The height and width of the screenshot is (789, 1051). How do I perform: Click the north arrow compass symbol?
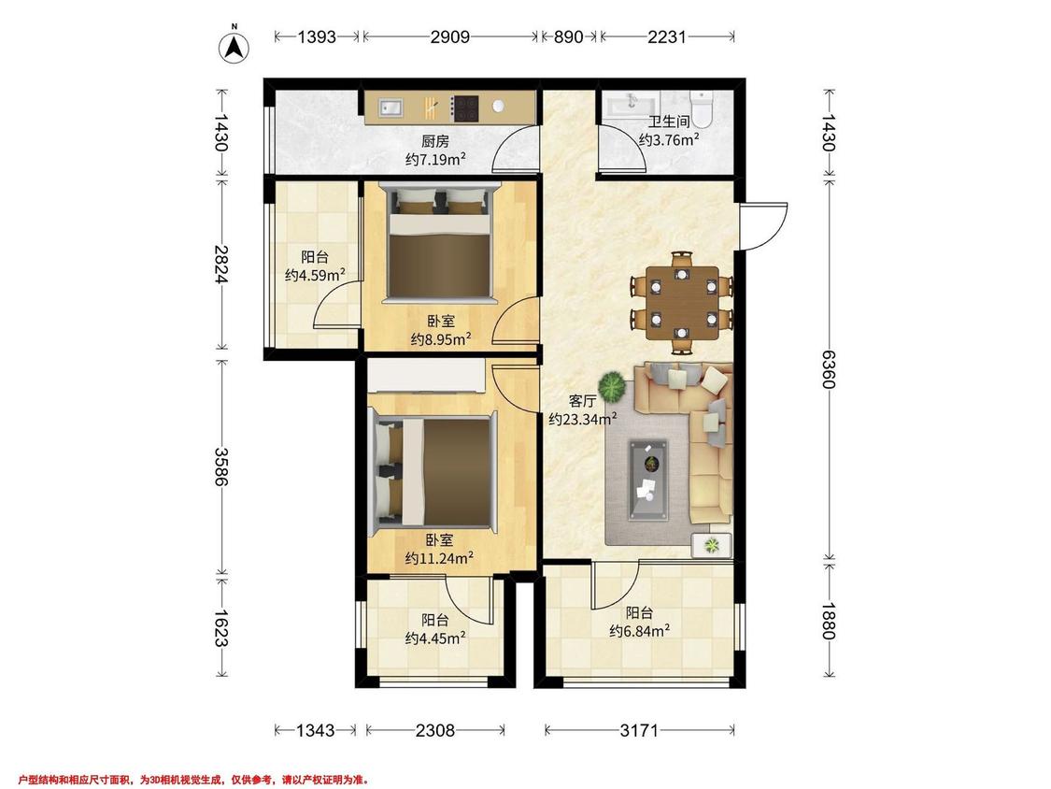(234, 47)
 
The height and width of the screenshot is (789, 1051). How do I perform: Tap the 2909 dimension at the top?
(449, 36)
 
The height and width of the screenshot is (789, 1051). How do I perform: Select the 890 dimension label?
(568, 36)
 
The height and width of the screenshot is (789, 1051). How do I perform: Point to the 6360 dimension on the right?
(829, 368)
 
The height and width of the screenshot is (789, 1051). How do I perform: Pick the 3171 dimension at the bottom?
(639, 730)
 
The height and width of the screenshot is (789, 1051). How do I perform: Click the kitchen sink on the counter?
(391, 108)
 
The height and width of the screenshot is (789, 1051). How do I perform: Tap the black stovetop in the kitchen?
(464, 108)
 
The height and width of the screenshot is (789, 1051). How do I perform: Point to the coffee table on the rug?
(647, 479)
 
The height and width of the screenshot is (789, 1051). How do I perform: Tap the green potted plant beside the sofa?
(613, 386)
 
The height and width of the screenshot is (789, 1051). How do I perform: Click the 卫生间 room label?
(668, 122)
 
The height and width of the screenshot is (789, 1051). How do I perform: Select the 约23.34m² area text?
(582, 420)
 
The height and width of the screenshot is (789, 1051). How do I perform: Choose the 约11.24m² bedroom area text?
(440, 558)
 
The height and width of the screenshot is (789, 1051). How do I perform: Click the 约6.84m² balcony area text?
(640, 631)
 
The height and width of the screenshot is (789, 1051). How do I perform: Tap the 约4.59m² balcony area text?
(315, 275)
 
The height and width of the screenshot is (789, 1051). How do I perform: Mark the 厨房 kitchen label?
(435, 141)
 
